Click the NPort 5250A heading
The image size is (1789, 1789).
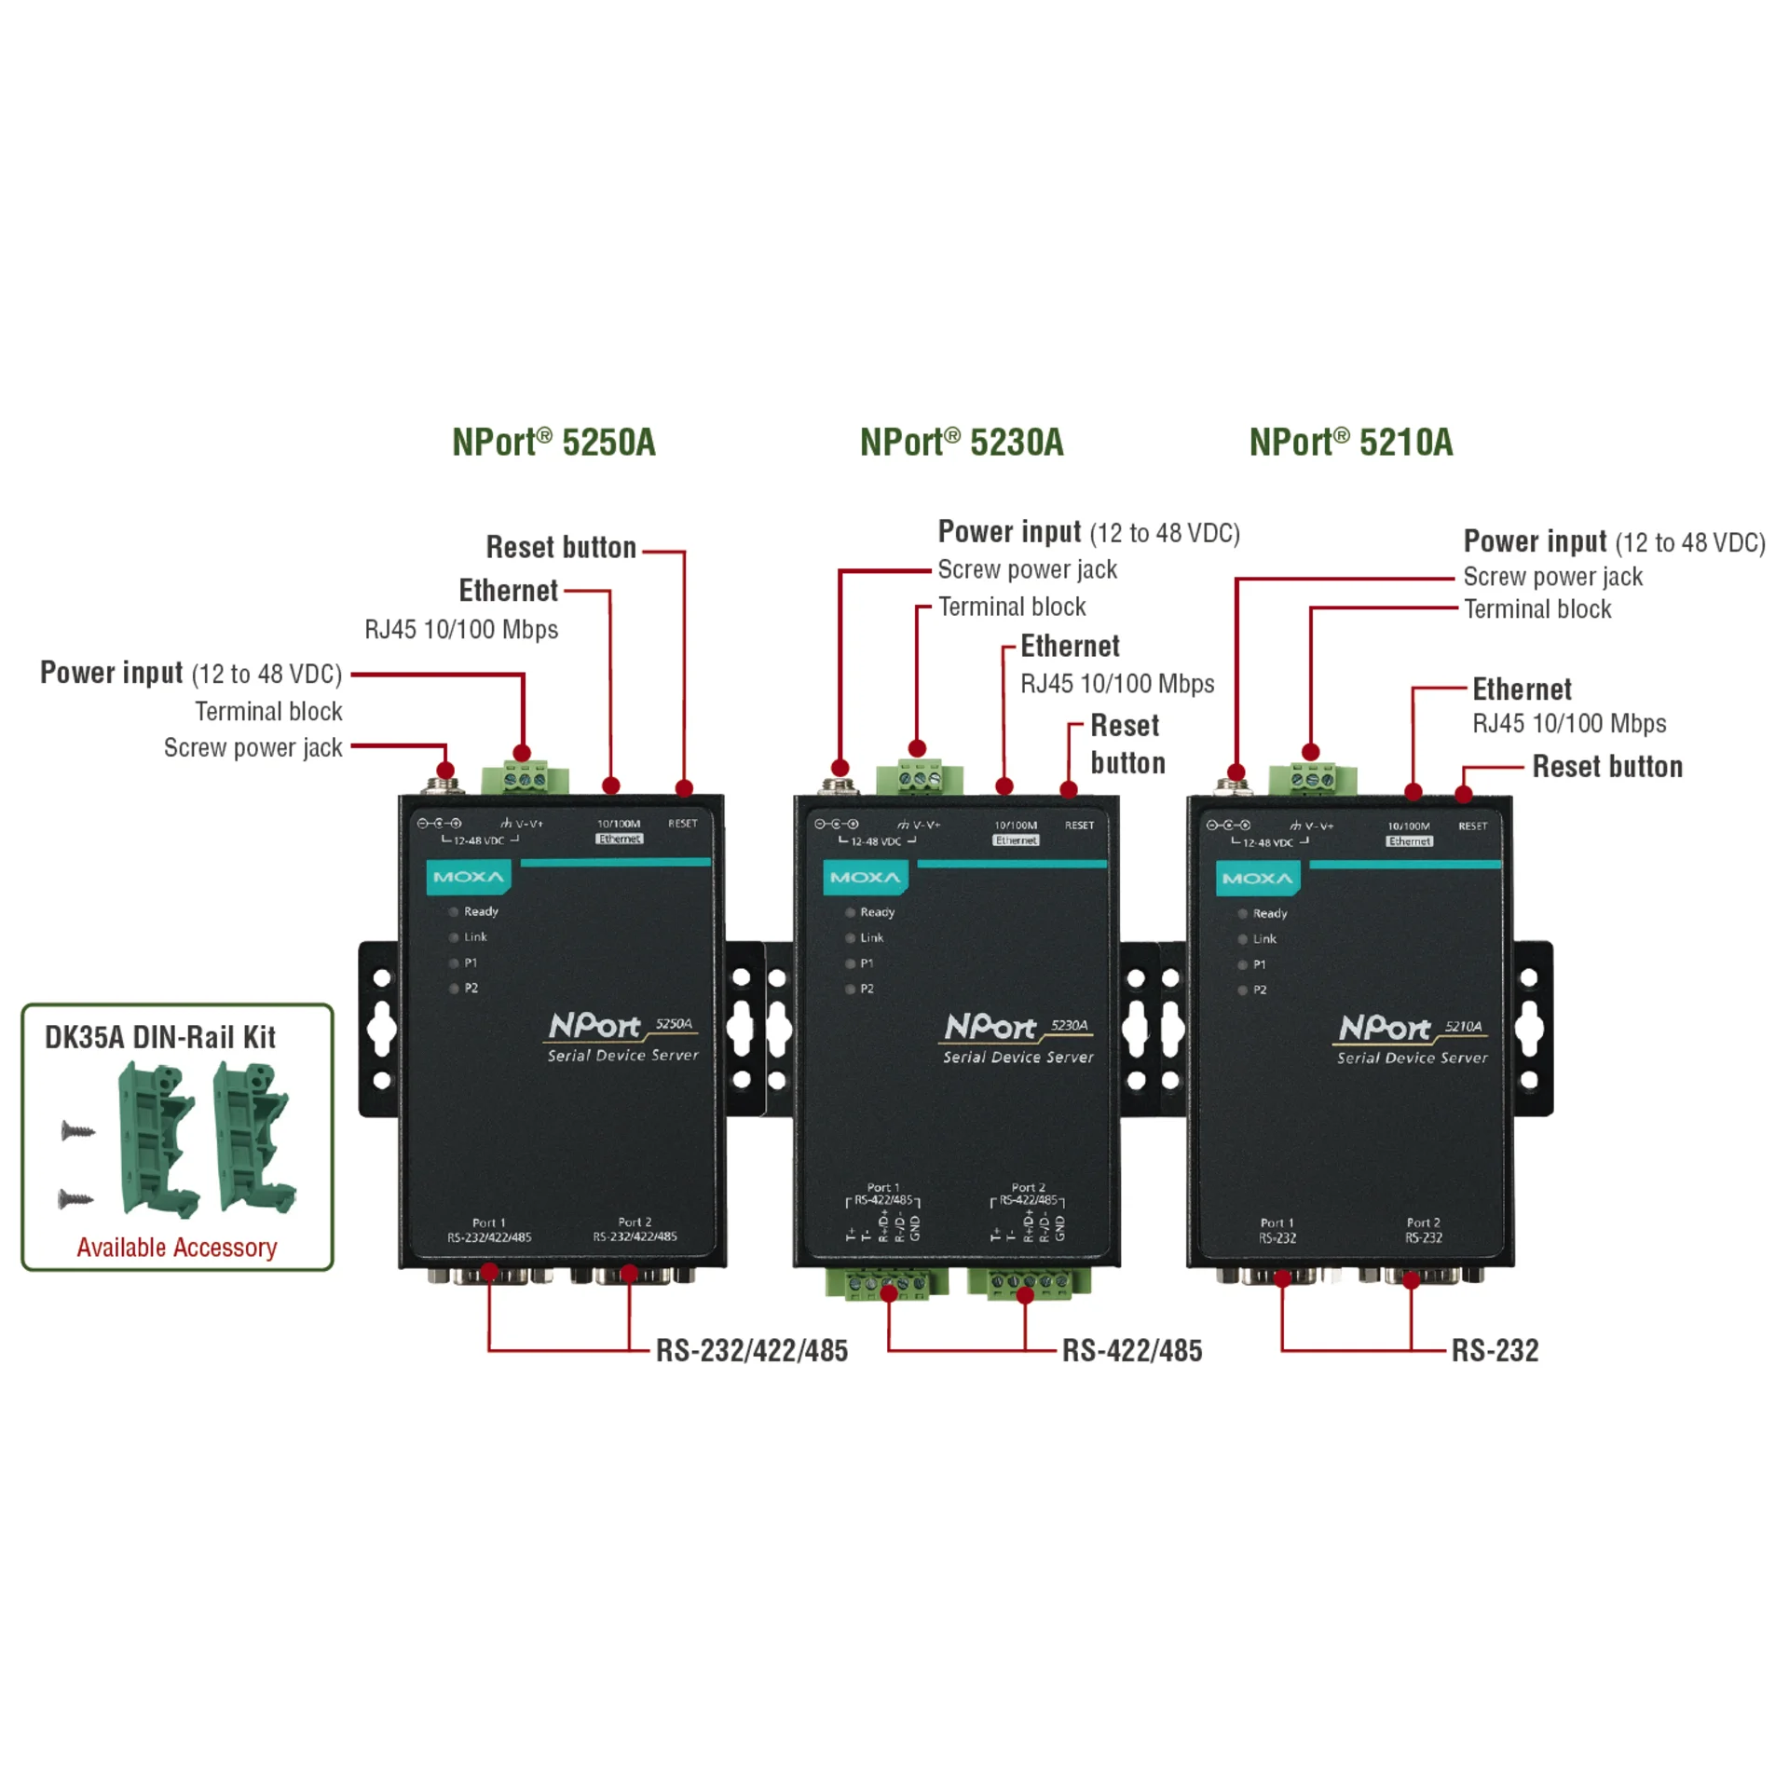[x=553, y=443]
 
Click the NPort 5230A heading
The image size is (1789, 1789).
[x=961, y=443]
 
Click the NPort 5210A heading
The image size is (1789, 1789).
[x=1350, y=443]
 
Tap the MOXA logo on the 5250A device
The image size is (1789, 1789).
[x=469, y=877]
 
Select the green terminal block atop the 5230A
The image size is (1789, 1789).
[x=919, y=776]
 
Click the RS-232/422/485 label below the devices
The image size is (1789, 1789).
[x=751, y=1350]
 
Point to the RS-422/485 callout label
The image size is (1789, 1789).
[x=1131, y=1350]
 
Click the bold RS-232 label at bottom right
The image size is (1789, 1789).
[x=1495, y=1350]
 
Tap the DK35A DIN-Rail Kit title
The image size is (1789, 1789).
[x=160, y=1037]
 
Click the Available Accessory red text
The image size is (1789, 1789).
[x=177, y=1247]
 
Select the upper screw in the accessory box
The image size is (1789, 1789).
[x=78, y=1131]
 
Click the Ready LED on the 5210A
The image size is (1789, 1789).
[x=1243, y=914]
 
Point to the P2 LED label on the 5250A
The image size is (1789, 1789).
[x=471, y=988]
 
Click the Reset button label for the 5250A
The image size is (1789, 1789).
[x=561, y=547]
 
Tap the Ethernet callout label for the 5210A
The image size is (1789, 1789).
[x=1522, y=690]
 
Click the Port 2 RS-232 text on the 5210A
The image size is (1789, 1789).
[x=1423, y=1230]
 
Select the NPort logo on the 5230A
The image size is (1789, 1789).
[x=990, y=1027]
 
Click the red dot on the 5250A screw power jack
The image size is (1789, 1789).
[x=445, y=770]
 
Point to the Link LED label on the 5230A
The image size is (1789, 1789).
[x=871, y=937]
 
